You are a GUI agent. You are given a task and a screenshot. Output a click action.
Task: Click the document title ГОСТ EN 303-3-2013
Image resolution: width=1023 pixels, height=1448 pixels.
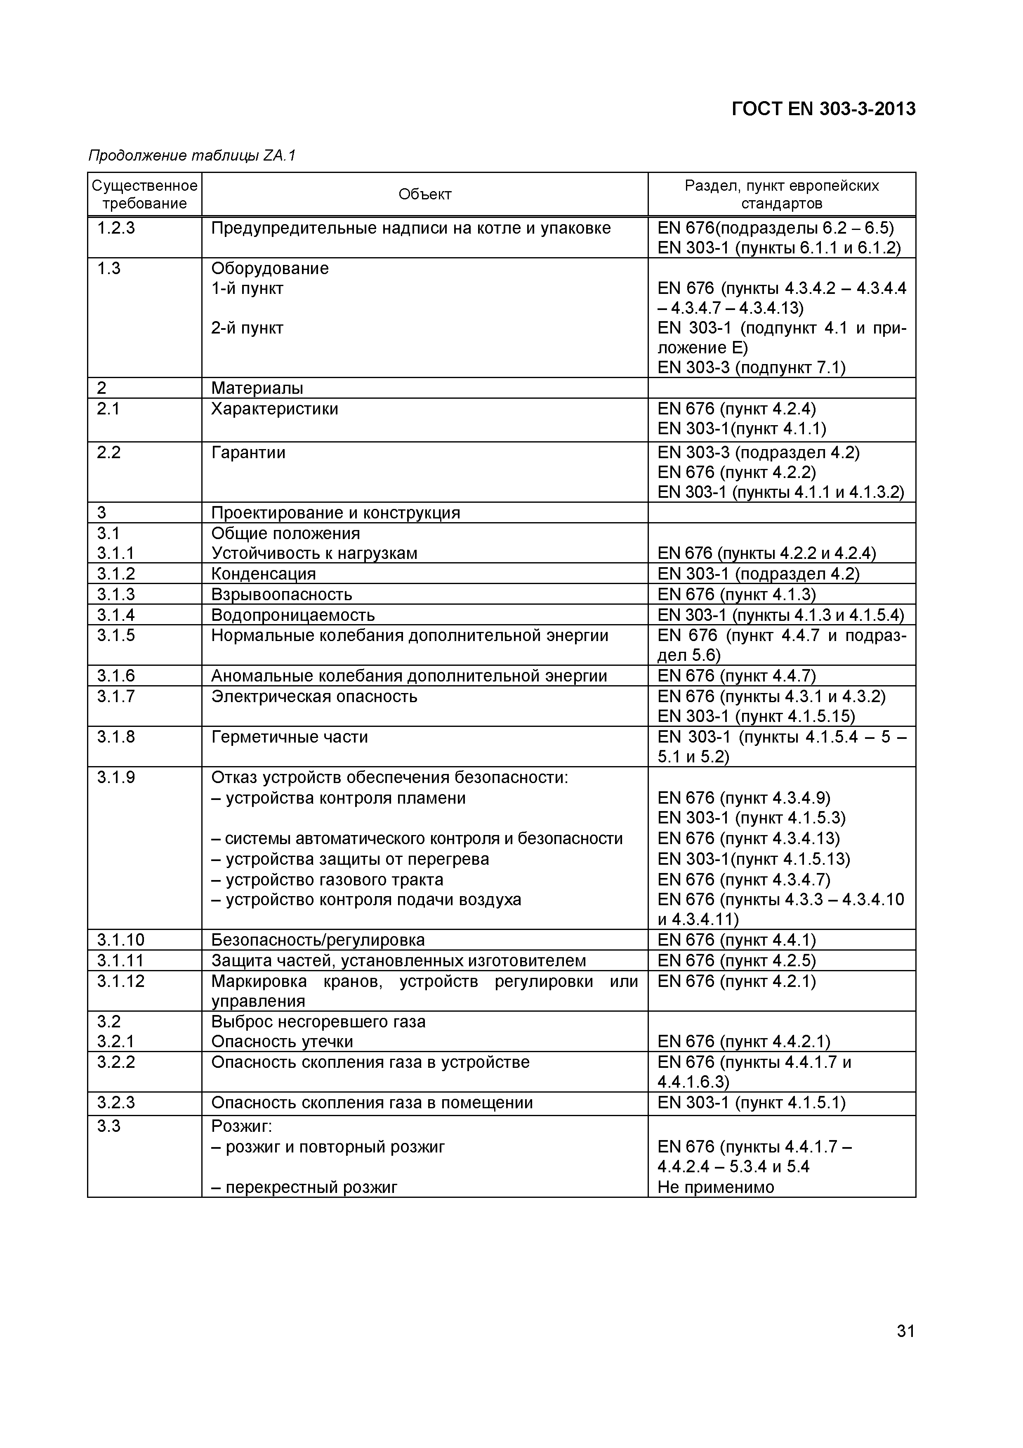coord(823,109)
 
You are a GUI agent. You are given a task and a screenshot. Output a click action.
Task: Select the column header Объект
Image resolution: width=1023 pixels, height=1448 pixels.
coord(425,194)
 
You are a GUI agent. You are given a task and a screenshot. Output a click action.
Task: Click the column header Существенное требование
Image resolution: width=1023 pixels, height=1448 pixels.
coord(144,194)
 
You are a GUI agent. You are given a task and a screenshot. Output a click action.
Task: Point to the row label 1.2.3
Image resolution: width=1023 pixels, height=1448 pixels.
coord(116,228)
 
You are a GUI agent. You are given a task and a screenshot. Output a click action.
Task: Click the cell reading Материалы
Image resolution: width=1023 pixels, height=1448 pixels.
coord(257,388)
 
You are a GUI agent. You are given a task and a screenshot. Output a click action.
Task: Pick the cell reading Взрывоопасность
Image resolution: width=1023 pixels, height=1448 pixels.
coord(281,594)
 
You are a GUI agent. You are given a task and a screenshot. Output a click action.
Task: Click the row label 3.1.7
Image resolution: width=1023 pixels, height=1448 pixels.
coord(116,696)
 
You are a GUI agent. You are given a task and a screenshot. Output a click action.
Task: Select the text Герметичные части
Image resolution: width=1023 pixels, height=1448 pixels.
coord(289,737)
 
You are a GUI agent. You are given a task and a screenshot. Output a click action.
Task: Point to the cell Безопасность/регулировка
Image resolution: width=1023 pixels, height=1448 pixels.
coord(318,940)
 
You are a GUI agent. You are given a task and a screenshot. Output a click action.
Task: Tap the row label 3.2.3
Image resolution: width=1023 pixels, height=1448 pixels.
coord(116,1103)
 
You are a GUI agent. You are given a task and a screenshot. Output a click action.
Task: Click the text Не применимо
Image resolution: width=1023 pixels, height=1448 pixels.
coord(715,1188)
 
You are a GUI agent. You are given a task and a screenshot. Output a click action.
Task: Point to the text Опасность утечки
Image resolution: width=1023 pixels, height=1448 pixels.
coord(282,1041)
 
